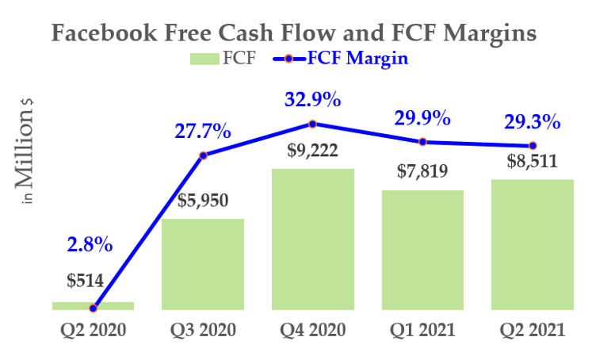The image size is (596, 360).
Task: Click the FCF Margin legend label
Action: [x=357, y=59]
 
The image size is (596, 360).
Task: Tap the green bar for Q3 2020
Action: [x=203, y=264]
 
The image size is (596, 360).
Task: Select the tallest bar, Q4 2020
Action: [x=313, y=239]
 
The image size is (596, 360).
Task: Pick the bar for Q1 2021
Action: [x=422, y=250]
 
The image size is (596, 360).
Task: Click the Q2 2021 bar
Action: [x=533, y=244]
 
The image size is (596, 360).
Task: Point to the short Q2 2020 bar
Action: [x=93, y=305]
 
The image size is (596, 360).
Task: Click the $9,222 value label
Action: [x=312, y=151]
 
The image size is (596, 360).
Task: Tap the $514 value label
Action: [x=83, y=281]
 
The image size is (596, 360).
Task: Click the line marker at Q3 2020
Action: [x=203, y=155]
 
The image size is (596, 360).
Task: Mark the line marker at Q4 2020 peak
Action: [x=313, y=124]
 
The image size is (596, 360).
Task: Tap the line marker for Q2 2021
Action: [x=533, y=146]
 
